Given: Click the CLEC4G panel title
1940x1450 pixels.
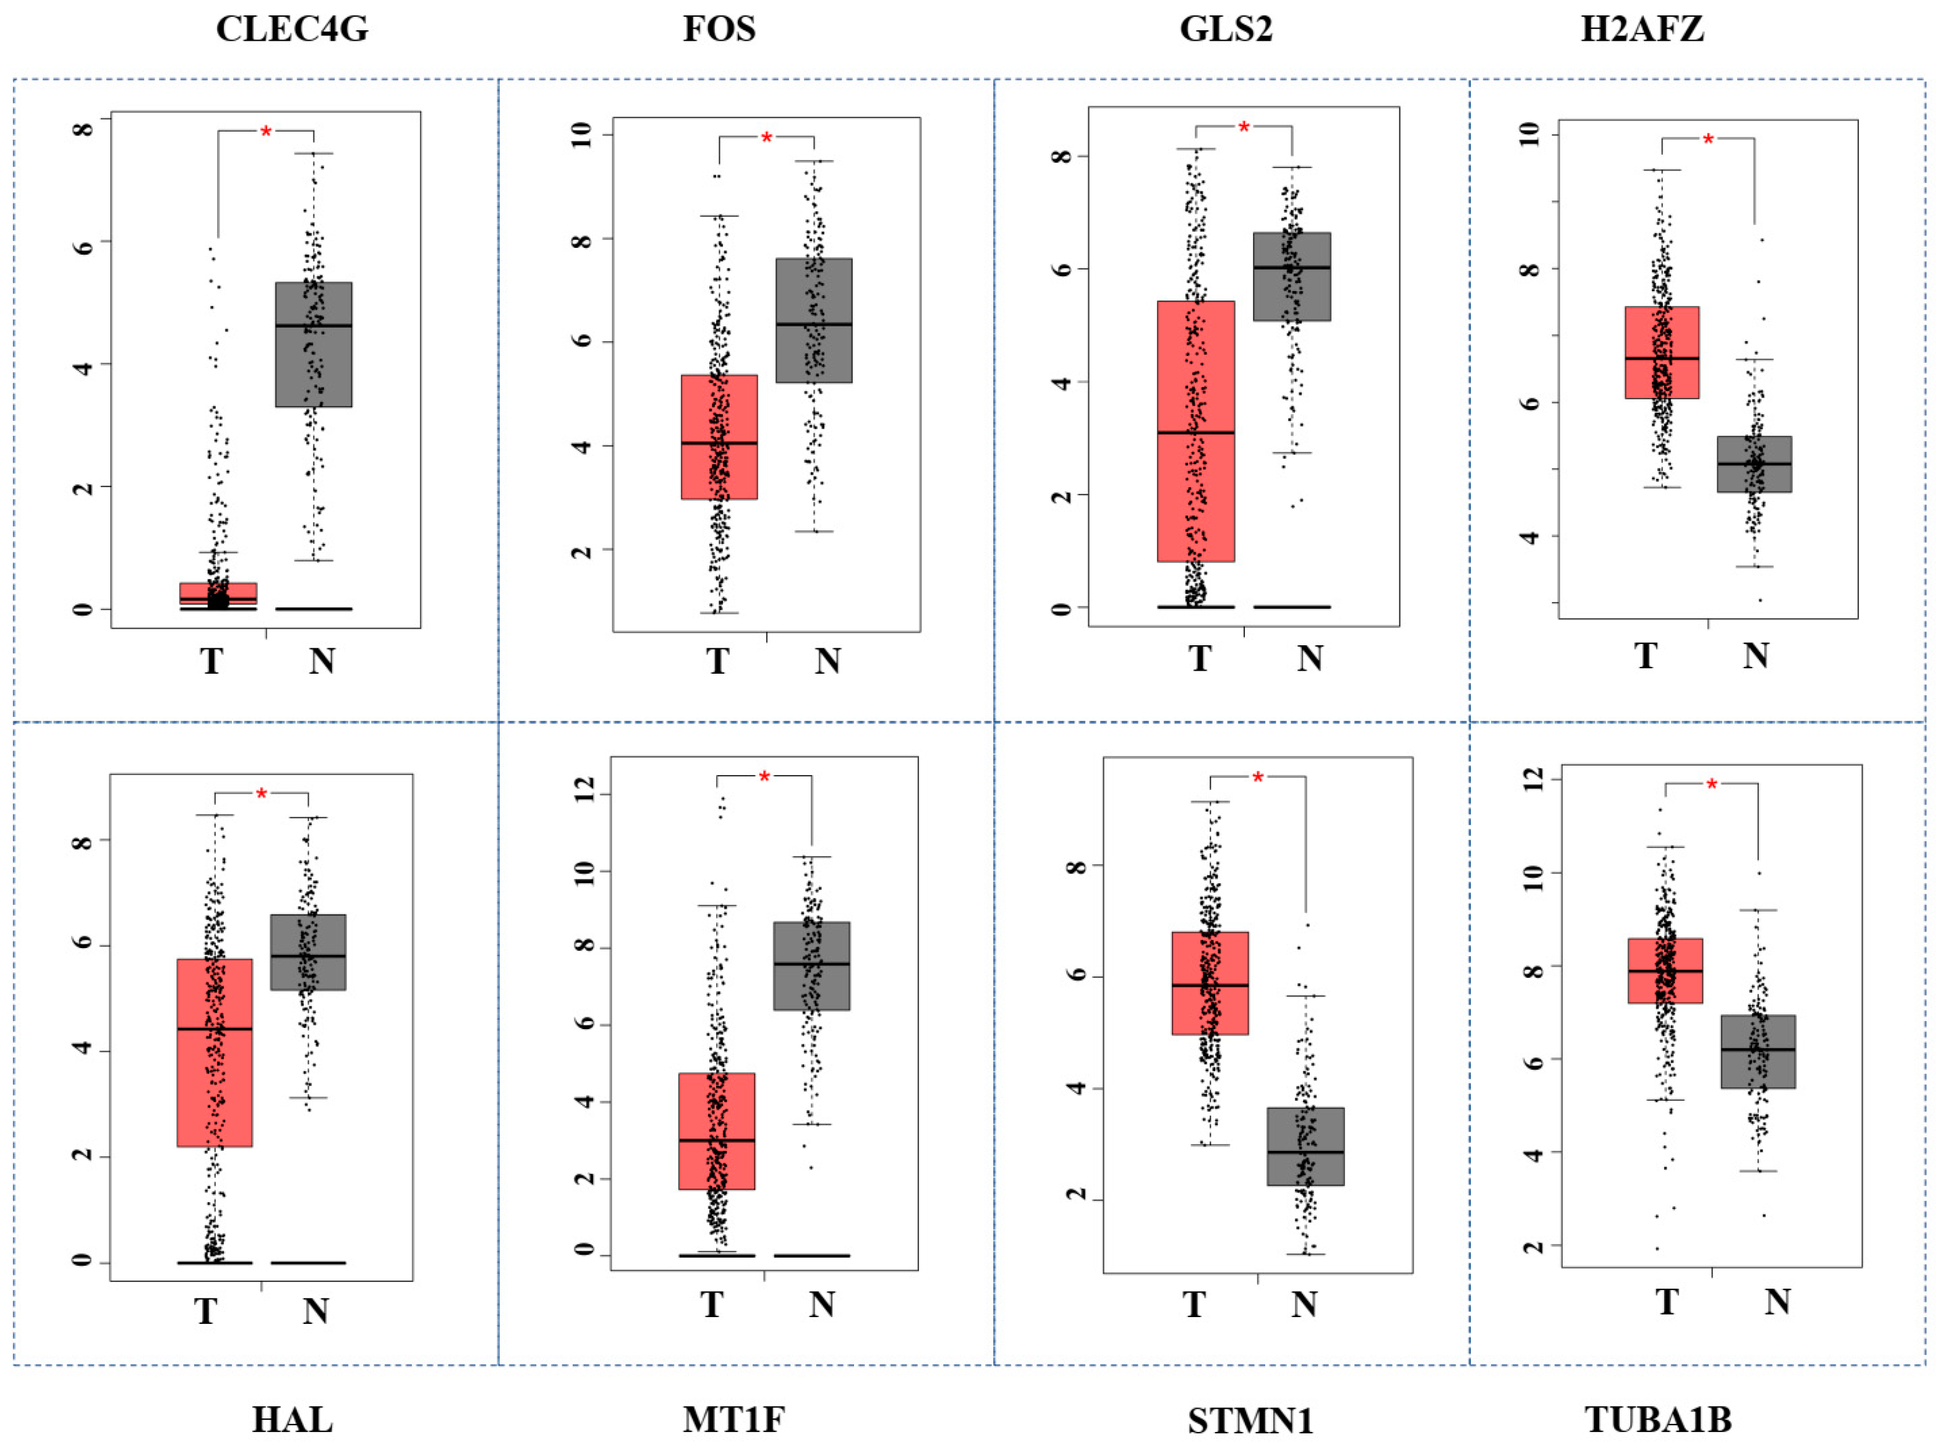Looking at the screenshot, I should point(292,29).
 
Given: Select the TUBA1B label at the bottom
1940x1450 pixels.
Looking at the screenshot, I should point(1659,1419).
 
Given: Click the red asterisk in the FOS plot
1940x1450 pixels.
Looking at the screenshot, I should point(766,138).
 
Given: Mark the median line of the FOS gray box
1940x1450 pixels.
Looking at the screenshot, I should point(814,324).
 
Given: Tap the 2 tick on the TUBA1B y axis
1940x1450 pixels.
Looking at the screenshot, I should point(1534,1246).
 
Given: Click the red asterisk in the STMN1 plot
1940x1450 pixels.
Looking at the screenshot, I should point(1258,778).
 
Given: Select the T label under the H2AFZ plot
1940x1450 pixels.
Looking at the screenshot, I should point(1646,656).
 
